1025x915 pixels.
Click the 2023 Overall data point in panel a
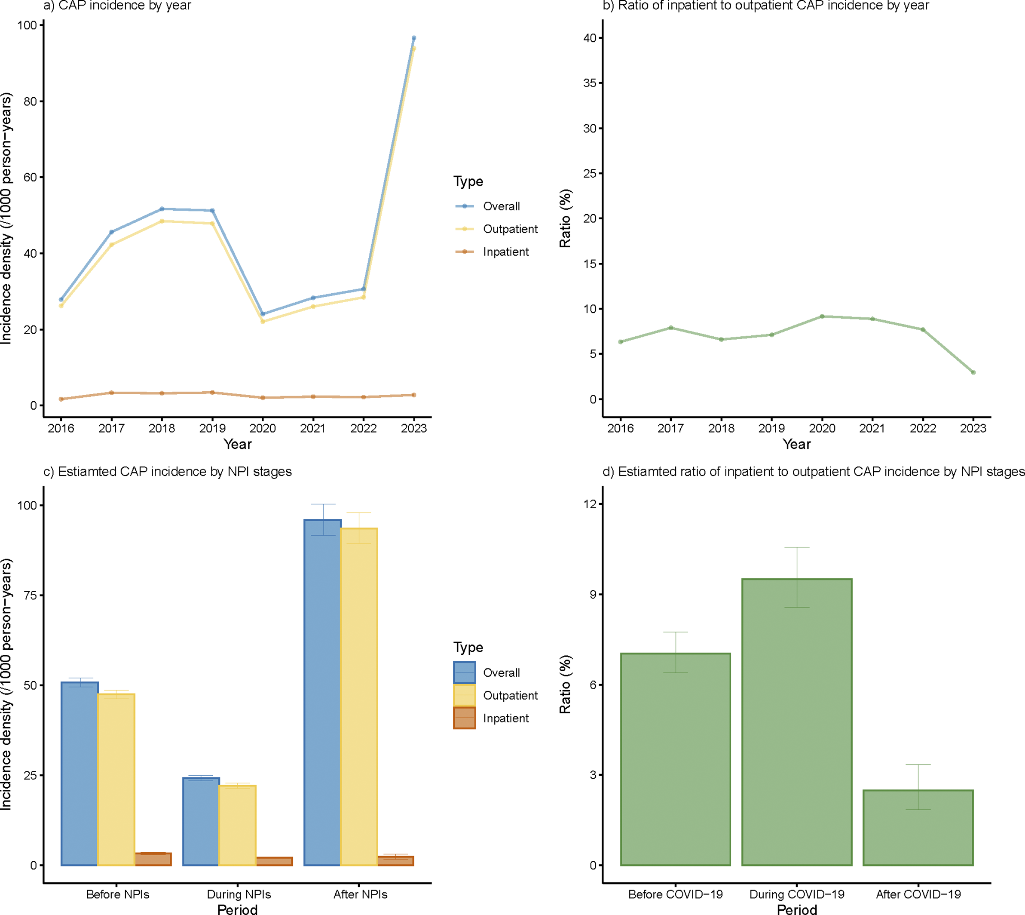click(x=413, y=38)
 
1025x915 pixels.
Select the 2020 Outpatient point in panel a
click(x=263, y=321)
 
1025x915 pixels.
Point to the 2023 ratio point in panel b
click(x=973, y=372)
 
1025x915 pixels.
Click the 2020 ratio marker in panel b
click(x=822, y=316)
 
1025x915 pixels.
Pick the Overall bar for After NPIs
click(x=323, y=694)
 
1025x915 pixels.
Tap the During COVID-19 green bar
click(x=797, y=724)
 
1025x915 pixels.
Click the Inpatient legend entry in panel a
click(x=505, y=252)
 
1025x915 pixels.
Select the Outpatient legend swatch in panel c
click(x=464, y=696)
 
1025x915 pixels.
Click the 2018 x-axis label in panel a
click(x=162, y=428)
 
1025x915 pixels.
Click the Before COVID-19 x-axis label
click(x=675, y=895)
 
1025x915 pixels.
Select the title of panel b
click(x=766, y=6)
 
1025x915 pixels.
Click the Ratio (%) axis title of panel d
click(x=566, y=685)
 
